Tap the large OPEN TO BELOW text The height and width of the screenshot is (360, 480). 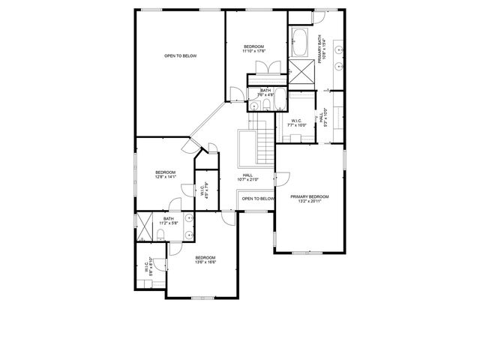(x=180, y=56)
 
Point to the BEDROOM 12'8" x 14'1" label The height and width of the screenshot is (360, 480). (x=165, y=175)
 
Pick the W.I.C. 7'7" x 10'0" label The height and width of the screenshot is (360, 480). (x=296, y=123)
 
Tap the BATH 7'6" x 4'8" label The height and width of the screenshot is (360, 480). (x=265, y=92)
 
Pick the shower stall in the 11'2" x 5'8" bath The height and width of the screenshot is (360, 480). (x=143, y=226)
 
